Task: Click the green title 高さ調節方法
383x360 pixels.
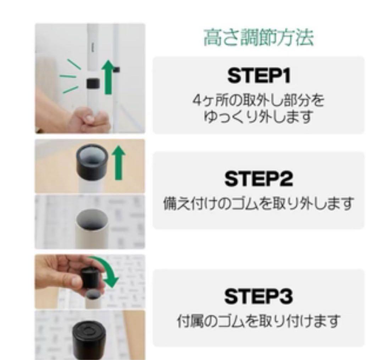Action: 259,38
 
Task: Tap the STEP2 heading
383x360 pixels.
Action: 259,179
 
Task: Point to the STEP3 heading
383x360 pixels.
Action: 259,297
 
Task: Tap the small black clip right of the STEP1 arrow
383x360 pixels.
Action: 117,69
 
